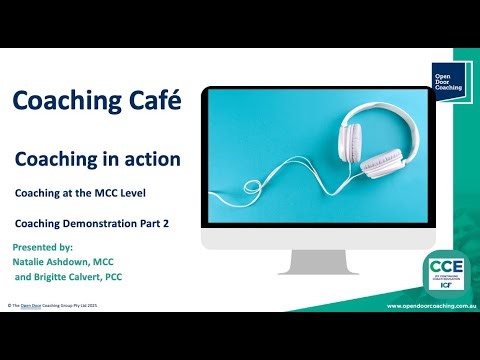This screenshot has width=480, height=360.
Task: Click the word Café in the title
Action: pyautogui.click(x=153, y=101)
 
